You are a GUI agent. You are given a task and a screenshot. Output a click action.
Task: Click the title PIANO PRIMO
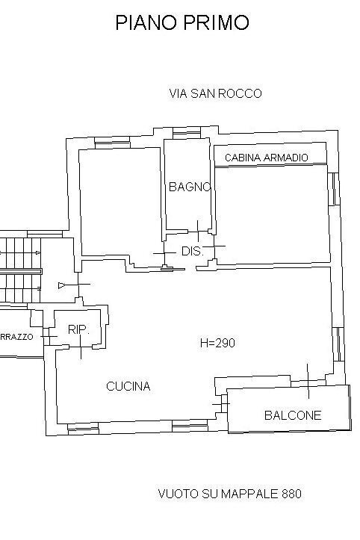[181, 23]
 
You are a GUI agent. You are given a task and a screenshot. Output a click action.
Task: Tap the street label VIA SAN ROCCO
[216, 93]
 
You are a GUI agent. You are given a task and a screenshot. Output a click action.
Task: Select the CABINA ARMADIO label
[271, 158]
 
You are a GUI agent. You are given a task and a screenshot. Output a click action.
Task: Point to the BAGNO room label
[190, 187]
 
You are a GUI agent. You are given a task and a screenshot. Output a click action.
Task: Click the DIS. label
[192, 252]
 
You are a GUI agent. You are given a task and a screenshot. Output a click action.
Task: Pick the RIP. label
[78, 329]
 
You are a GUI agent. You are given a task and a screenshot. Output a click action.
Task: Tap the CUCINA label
[128, 386]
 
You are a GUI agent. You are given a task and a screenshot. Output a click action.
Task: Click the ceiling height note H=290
[217, 344]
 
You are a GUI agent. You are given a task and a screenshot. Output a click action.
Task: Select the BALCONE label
[293, 415]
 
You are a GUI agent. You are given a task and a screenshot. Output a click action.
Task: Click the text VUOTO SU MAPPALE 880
[230, 494]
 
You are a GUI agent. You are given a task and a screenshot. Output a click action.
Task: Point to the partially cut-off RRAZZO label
[17, 337]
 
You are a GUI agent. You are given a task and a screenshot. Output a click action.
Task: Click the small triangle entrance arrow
[62, 285]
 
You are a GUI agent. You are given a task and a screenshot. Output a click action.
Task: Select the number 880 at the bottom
[291, 494]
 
